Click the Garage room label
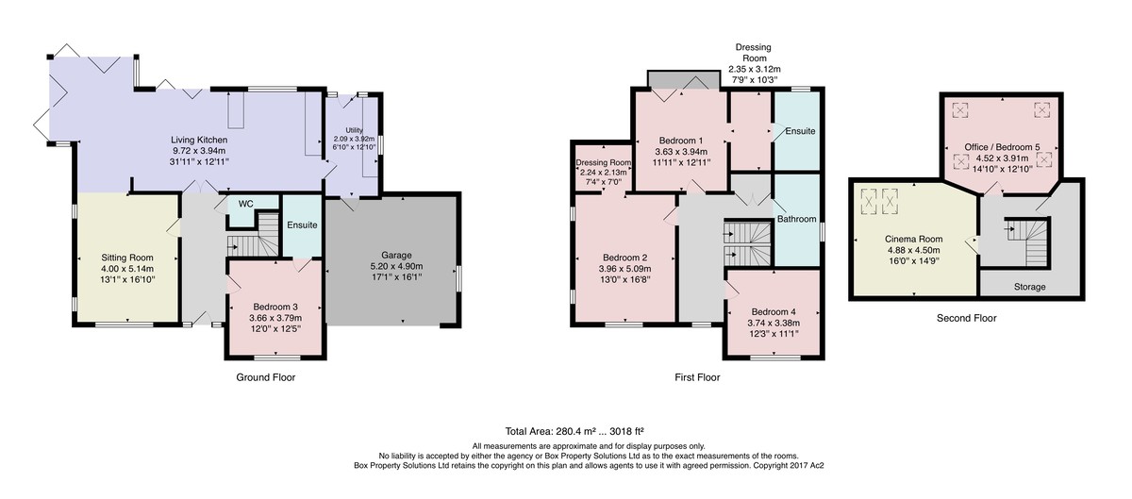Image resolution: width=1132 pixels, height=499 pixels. (397, 256)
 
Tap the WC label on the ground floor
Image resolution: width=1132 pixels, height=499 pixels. (245, 204)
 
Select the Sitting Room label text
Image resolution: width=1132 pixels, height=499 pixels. (126, 258)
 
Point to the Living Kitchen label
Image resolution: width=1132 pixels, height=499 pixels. (199, 140)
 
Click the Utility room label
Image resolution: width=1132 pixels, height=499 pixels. (355, 130)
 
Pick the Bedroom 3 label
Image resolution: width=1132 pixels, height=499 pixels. (275, 307)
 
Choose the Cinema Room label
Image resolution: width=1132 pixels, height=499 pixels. (914, 240)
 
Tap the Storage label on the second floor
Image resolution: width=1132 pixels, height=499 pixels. (1029, 287)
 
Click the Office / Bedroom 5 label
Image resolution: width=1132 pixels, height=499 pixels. (1002, 147)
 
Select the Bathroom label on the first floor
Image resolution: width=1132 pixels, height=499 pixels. (796, 219)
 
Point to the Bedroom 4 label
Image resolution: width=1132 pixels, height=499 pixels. (774, 311)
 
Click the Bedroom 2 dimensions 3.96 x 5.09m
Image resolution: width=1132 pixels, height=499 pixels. (625, 269)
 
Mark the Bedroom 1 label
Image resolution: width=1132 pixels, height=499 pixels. (681, 140)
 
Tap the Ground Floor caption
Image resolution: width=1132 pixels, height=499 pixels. (266, 377)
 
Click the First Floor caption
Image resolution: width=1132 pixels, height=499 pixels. (697, 377)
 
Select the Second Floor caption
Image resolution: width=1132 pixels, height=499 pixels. (967, 318)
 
